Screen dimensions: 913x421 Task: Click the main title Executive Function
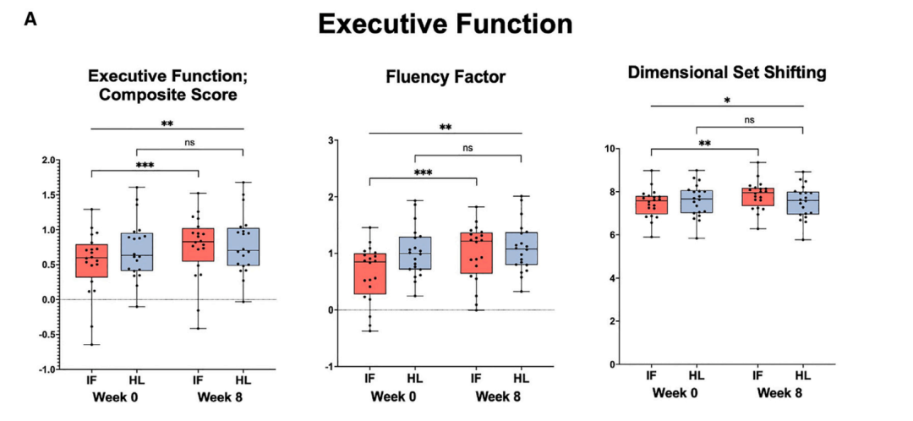coord(446,25)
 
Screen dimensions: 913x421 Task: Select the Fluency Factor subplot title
coord(446,78)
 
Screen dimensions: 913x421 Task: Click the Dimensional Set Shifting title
coord(727,73)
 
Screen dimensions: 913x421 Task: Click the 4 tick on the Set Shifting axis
coord(613,278)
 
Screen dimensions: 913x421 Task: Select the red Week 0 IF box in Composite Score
coord(92,260)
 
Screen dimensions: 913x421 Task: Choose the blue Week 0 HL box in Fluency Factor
coord(414,253)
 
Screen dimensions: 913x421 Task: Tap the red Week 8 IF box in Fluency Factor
coord(476,253)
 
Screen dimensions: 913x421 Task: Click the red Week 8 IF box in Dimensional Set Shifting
coord(757,196)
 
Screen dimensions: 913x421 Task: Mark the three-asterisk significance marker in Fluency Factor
coord(424,172)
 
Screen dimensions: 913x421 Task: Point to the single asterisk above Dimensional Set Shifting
coord(727,100)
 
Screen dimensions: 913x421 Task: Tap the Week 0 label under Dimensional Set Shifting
coord(675,392)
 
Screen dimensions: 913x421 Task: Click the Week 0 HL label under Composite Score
coord(138,380)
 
